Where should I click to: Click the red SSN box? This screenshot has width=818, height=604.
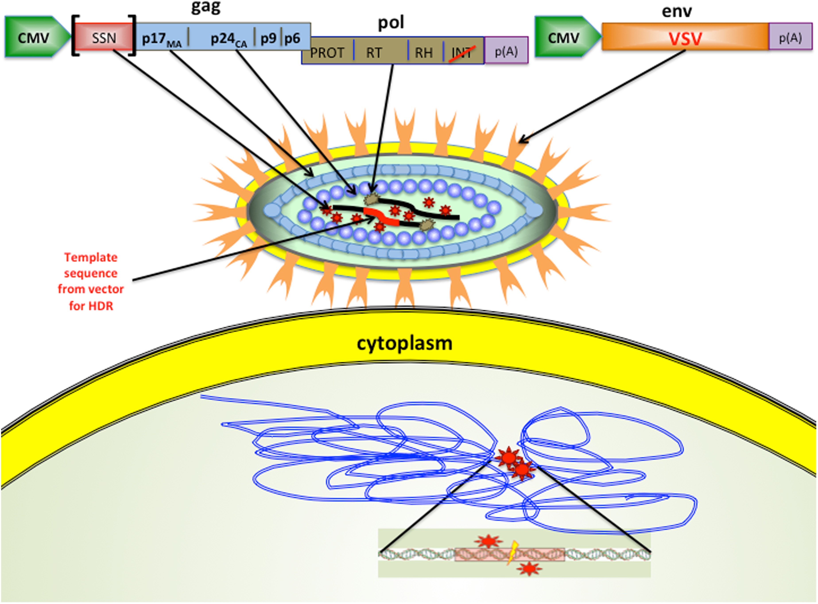(x=104, y=37)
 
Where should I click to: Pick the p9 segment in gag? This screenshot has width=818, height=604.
(x=268, y=38)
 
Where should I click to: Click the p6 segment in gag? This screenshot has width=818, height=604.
(x=292, y=38)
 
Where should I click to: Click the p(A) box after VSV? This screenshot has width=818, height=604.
(x=790, y=37)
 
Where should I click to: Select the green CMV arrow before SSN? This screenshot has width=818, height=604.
(x=35, y=37)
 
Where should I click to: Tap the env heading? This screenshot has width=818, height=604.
(x=676, y=11)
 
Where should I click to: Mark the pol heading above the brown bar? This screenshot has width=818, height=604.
(x=391, y=23)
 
